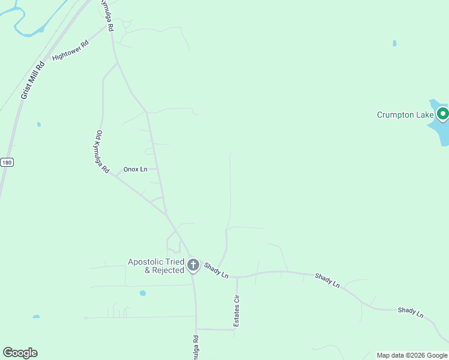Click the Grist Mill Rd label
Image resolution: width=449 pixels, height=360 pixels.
(32, 79)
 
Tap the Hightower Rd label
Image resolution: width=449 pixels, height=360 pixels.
(70, 50)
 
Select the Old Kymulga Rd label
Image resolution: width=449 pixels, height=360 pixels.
(103, 152)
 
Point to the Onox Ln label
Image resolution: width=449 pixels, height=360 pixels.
(135, 169)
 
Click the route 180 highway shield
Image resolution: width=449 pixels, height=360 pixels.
(6, 162)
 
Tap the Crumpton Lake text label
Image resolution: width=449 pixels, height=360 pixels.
(405, 115)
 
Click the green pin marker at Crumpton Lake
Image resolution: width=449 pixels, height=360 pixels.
(443, 113)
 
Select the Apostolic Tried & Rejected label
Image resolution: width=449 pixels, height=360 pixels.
(155, 266)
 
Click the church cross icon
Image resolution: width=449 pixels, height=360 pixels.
(193, 265)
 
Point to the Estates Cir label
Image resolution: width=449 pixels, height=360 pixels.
(237, 311)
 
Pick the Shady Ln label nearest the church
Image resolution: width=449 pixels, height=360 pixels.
(216, 270)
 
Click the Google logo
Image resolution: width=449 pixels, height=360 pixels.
(20, 353)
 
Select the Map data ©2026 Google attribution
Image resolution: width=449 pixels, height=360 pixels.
(412, 355)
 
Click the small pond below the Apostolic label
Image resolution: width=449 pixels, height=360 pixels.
(142, 293)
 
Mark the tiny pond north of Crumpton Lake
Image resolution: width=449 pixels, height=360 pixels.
(394, 43)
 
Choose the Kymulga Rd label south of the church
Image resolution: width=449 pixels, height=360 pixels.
(196, 347)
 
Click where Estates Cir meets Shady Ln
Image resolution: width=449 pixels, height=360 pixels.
(237, 278)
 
